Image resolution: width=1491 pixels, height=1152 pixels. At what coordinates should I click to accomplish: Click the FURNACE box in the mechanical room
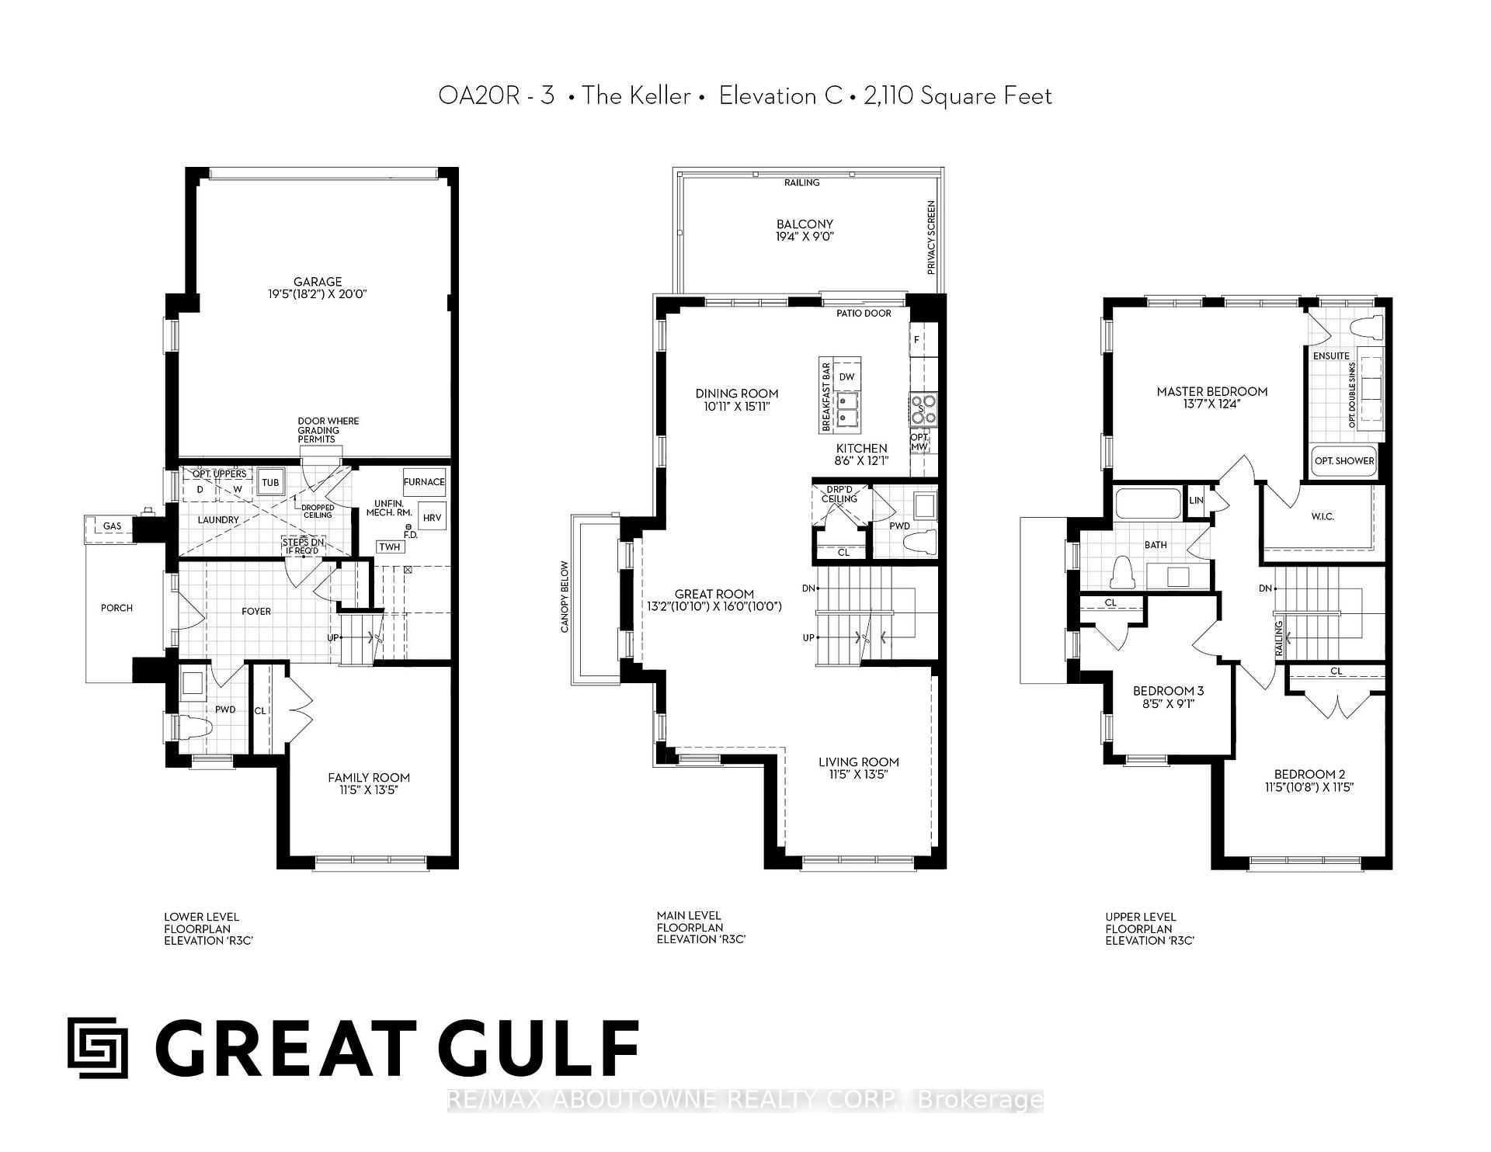(x=424, y=482)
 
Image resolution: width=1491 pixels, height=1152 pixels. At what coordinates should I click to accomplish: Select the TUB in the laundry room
(x=269, y=482)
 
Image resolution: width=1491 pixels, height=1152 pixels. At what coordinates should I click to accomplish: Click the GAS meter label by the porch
(x=113, y=526)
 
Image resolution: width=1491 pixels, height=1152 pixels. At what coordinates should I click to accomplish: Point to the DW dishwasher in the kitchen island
(x=846, y=377)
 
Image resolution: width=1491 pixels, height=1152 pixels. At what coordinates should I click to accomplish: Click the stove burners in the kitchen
(x=923, y=409)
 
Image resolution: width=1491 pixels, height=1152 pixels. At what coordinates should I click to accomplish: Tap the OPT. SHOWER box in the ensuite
(x=1343, y=460)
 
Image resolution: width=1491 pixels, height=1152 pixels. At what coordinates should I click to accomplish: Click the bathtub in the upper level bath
(x=1147, y=503)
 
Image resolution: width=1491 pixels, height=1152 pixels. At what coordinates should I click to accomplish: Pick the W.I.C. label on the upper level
(x=1322, y=516)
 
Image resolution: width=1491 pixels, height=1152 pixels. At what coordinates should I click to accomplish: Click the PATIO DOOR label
(x=864, y=314)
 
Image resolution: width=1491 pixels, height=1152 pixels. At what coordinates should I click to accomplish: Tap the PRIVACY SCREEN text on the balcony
(x=931, y=238)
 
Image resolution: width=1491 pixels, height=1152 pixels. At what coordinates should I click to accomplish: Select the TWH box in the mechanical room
(x=390, y=547)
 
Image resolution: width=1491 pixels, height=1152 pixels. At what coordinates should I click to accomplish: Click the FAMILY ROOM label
(x=369, y=778)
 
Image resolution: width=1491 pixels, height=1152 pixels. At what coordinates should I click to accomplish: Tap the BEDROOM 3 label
(x=1168, y=691)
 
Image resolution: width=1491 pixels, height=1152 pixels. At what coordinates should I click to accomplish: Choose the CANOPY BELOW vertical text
(x=565, y=597)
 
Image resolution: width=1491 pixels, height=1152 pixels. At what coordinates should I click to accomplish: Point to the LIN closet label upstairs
(x=1196, y=500)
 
